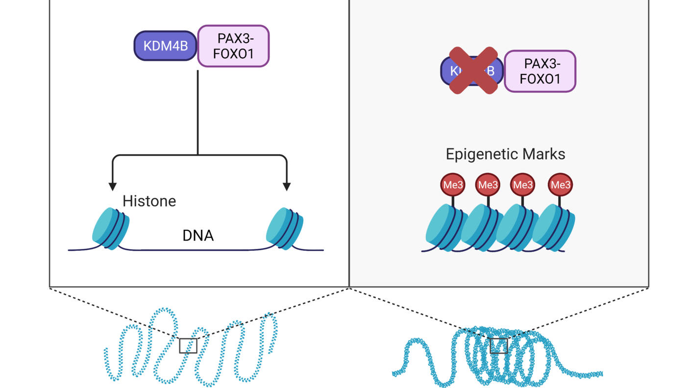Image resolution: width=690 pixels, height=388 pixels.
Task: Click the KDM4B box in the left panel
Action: [x=165, y=46]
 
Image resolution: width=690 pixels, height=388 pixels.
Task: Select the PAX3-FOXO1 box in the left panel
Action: [x=233, y=46]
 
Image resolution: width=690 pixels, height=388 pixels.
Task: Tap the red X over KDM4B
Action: [x=473, y=71]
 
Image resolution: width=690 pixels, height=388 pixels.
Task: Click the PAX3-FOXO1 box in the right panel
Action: [x=540, y=71]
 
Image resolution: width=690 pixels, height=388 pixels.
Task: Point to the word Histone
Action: [x=149, y=201]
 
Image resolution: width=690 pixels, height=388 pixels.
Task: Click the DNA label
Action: [x=198, y=236]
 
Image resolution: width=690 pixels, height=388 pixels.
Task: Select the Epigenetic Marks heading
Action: [x=505, y=154]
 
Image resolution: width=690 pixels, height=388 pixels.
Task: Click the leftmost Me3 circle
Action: [x=453, y=185]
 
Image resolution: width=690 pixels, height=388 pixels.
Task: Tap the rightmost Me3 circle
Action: [x=560, y=185]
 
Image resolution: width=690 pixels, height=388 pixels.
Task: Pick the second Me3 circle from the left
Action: [x=488, y=185]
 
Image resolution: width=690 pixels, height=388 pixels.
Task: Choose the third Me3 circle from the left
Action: [x=522, y=185]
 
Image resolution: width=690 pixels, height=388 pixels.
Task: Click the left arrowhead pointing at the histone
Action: [x=113, y=186]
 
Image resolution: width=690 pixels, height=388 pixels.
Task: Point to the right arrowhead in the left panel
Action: [x=287, y=186]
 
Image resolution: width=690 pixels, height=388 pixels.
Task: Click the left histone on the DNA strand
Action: [x=111, y=228]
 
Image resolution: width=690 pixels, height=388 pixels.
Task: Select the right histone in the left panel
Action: [x=285, y=228]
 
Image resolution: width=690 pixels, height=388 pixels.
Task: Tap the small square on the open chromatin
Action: [x=188, y=345]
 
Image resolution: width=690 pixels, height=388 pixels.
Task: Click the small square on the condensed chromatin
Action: [x=499, y=345]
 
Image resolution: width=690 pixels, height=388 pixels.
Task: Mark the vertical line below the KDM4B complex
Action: [x=198, y=113]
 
